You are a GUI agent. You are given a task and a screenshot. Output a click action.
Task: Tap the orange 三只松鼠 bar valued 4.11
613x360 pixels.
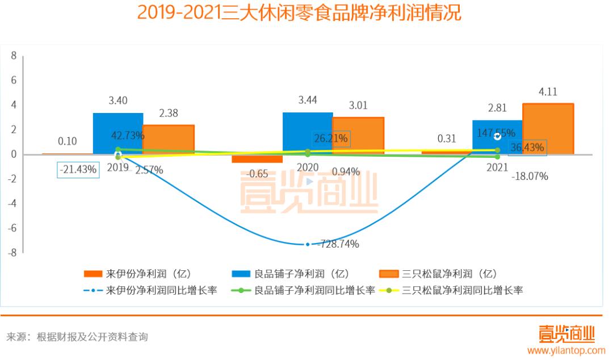(x=548, y=128)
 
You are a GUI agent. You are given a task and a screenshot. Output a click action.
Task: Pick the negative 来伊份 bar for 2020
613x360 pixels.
(x=257, y=158)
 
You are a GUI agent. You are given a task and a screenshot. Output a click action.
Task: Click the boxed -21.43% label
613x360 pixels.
(x=78, y=169)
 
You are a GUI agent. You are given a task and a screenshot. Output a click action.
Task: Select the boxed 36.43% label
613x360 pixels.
(x=527, y=148)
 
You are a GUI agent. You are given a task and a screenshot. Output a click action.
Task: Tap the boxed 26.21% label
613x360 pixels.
(x=331, y=138)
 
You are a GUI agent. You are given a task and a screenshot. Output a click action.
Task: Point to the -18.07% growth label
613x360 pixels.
(x=530, y=176)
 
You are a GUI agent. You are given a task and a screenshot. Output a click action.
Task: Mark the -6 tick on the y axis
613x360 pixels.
(x=12, y=228)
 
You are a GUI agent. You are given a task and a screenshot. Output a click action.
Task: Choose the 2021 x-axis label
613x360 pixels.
(x=497, y=167)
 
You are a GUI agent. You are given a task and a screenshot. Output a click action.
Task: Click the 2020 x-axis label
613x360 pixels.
(x=307, y=167)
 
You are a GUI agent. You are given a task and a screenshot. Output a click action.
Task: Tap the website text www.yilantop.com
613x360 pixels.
(x=566, y=350)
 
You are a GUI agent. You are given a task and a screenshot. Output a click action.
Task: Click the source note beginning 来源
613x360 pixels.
(x=77, y=337)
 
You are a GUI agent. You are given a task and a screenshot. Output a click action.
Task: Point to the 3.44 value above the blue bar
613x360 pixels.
(x=308, y=101)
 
